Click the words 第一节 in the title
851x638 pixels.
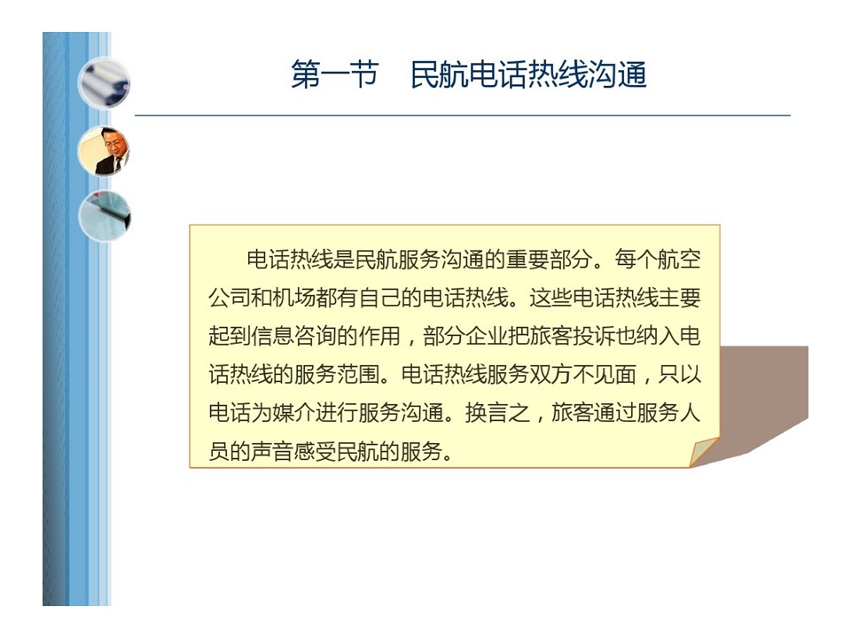335,74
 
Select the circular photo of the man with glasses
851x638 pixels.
105,151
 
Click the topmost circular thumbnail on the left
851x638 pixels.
105,83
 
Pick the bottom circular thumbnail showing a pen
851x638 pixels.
105,216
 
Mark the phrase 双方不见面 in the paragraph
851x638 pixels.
583,374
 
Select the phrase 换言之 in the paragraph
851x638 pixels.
497,413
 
